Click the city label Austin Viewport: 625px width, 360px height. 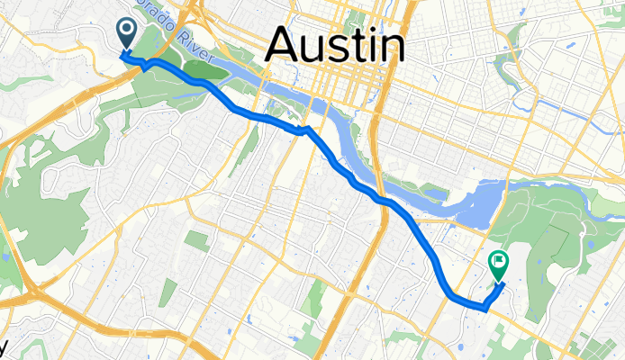[x=333, y=44]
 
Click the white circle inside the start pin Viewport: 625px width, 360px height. [x=126, y=31]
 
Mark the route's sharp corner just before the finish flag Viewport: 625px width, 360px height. [x=486, y=307]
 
